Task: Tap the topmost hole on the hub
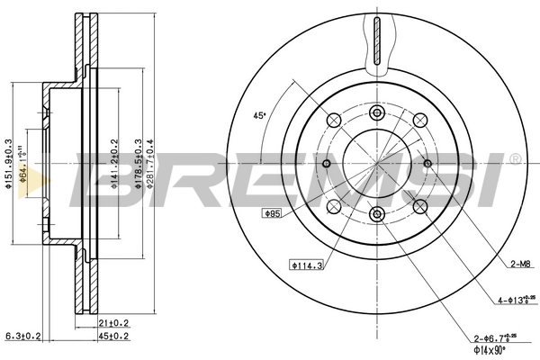click(x=377, y=112)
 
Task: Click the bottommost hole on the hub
click(x=377, y=213)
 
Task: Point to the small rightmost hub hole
click(x=427, y=163)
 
